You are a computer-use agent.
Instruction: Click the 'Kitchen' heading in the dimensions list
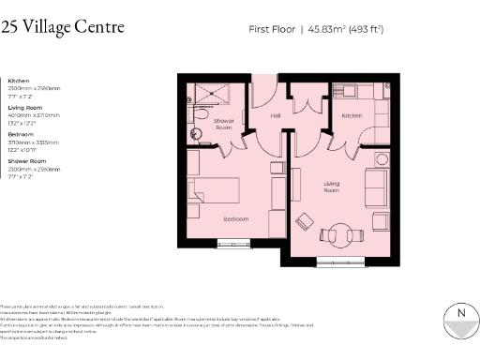(x=19, y=82)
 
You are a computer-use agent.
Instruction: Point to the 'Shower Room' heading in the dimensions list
(x=25, y=162)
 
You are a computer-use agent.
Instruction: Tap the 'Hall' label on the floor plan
(x=276, y=116)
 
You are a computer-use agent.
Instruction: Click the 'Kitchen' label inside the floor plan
(x=352, y=115)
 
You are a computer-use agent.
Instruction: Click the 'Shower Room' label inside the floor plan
(x=224, y=125)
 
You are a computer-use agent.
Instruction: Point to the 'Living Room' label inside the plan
(x=332, y=187)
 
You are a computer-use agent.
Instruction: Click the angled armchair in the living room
(x=305, y=222)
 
